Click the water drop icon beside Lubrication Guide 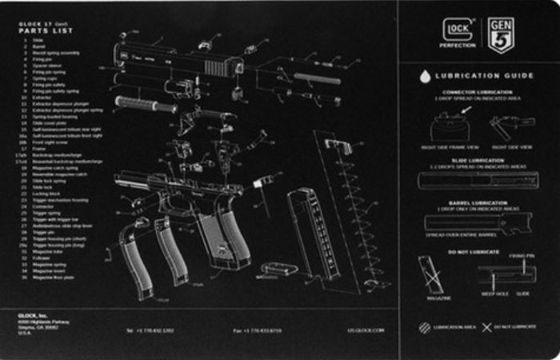tap(426, 76)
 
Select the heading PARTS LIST tap(46, 31)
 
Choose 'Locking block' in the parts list tap(48, 194)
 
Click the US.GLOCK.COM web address tap(366, 330)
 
